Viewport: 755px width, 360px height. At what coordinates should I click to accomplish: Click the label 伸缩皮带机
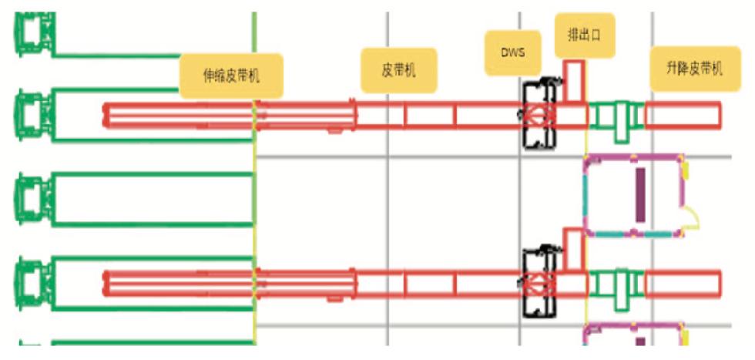[x=231, y=76]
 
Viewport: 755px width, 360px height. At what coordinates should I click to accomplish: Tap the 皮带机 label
[x=399, y=70]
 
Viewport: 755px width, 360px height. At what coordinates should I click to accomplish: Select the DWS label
[x=513, y=53]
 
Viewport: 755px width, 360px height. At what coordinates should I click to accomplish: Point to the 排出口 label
[x=585, y=35]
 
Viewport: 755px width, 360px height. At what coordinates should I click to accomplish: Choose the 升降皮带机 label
[x=695, y=69]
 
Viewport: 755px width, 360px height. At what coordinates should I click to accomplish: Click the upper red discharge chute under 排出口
[x=574, y=82]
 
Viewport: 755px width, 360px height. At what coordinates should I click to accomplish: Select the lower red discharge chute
[x=574, y=249]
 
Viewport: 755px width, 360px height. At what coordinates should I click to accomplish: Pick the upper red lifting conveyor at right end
[x=683, y=116]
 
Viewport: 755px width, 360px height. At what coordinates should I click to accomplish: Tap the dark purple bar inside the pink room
[x=640, y=195]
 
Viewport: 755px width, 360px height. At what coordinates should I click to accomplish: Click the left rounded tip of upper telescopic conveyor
[x=105, y=116]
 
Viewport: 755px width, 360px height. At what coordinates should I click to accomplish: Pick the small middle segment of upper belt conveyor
[x=430, y=116]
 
